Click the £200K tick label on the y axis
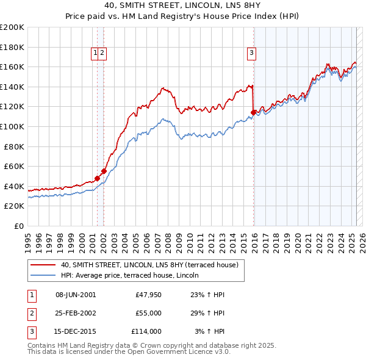click(x=12, y=27)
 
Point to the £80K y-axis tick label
click(x=14, y=146)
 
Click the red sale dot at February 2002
click(x=104, y=171)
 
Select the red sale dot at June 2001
click(x=97, y=178)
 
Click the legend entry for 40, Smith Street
click(x=152, y=265)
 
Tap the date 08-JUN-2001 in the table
click(x=76, y=295)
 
